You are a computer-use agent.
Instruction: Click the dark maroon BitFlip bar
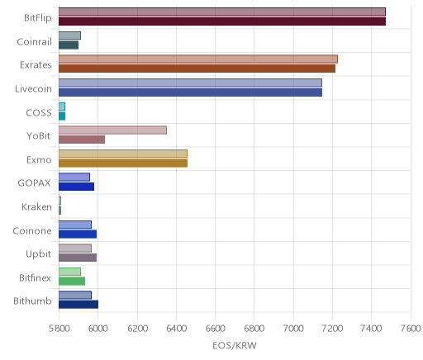[222, 21]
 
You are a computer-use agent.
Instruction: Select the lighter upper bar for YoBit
[112, 130]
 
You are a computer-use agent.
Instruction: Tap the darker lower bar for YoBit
[82, 140]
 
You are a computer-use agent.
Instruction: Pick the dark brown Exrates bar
[197, 69]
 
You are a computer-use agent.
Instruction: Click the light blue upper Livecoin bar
[190, 83]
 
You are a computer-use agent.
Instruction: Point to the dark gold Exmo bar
[123, 163]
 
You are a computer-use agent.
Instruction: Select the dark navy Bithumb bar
[78, 305]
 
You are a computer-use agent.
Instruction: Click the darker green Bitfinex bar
[72, 282]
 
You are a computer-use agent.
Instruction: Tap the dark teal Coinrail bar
[69, 45]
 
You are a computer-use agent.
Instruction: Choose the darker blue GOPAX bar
[76, 187]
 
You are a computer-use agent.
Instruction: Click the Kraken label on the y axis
[36, 206]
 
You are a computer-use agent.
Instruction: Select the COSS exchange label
[39, 112]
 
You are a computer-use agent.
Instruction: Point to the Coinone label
[32, 230]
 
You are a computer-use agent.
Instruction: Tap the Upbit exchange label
[38, 254]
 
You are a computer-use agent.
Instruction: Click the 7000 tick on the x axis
[293, 329]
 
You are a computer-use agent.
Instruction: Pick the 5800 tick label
[59, 329]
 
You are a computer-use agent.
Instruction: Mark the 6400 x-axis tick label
[176, 329]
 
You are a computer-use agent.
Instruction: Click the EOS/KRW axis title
[235, 345]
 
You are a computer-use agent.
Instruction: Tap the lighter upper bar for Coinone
[75, 225]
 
